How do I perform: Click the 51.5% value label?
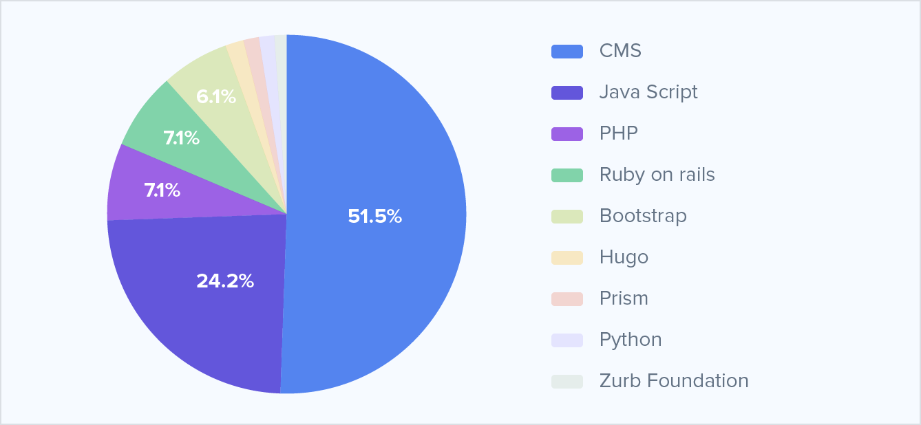click(374, 217)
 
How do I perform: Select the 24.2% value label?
click(225, 281)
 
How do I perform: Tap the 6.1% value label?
click(216, 98)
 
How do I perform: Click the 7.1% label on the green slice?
click(181, 138)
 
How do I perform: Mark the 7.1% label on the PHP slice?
click(162, 190)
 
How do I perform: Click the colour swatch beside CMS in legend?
click(567, 52)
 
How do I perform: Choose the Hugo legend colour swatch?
click(567, 258)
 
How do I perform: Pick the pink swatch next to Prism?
click(567, 299)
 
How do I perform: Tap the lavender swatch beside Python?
click(567, 340)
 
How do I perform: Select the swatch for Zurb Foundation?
click(567, 382)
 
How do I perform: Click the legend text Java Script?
click(648, 92)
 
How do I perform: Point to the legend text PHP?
click(619, 133)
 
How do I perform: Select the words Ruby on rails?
click(657, 175)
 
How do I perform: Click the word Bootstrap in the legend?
click(643, 216)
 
